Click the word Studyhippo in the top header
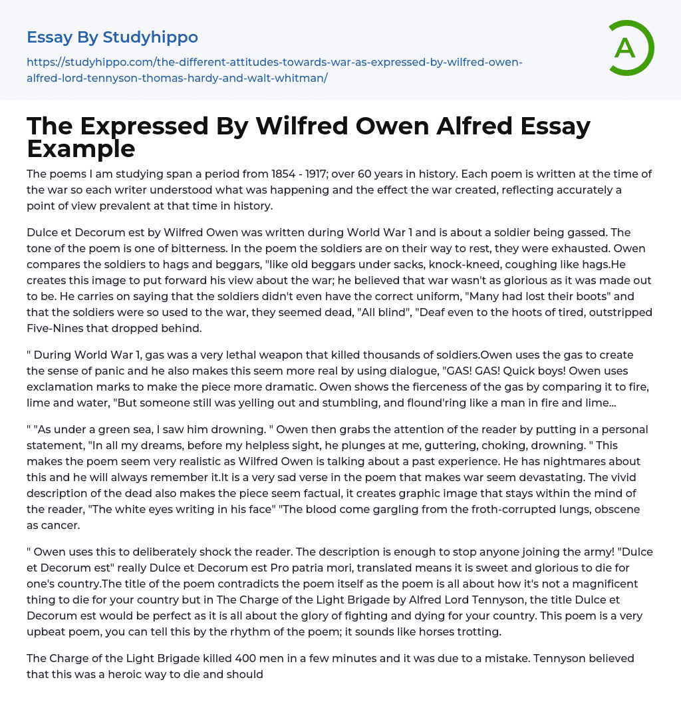[x=150, y=37]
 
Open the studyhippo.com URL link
[x=274, y=70]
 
